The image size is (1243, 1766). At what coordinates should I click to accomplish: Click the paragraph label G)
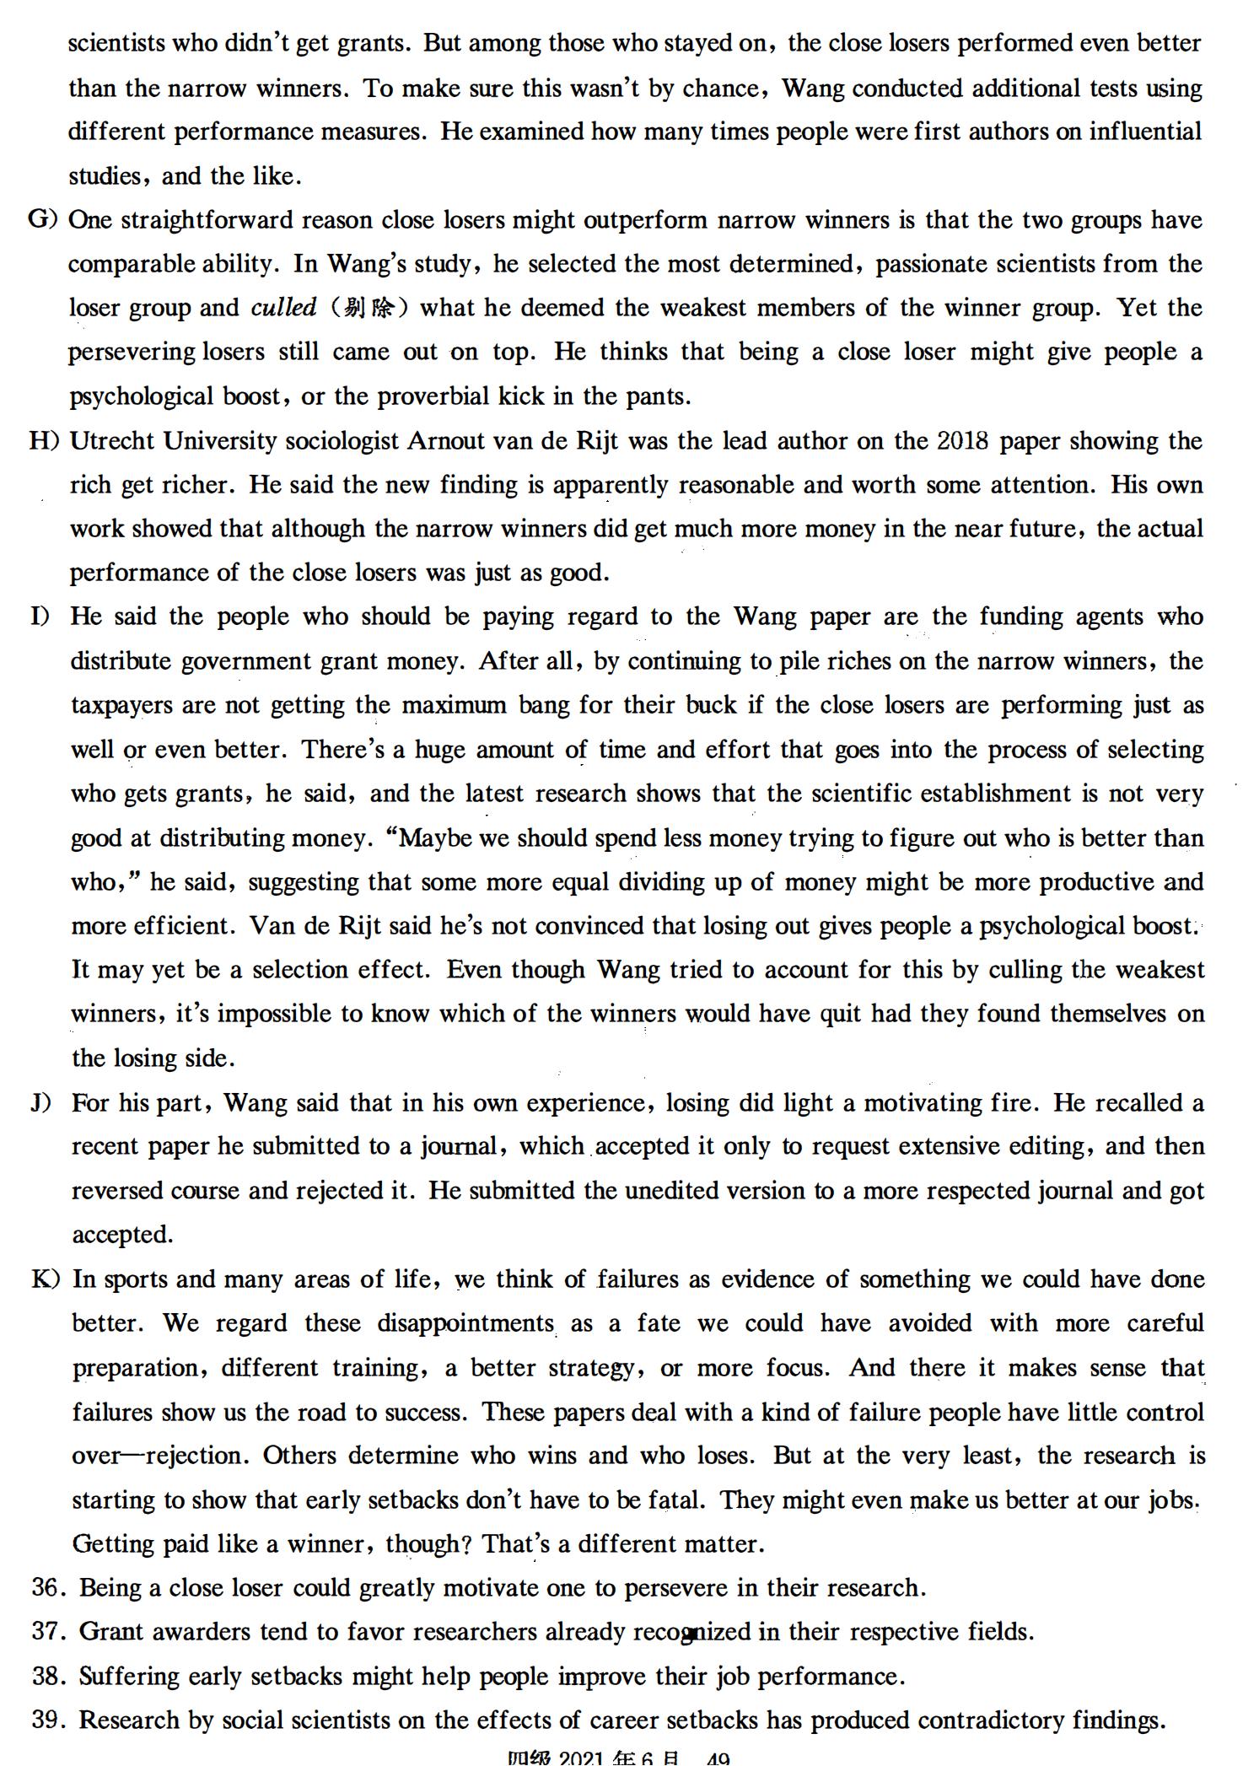click(42, 220)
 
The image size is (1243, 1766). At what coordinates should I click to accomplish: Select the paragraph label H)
click(43, 441)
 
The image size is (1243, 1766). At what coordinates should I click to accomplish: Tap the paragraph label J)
click(41, 1102)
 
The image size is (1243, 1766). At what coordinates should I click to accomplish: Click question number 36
click(49, 1588)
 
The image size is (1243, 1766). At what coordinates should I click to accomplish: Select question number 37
click(49, 1632)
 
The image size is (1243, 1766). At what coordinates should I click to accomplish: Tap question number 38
click(49, 1676)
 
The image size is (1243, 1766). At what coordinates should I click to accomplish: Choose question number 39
click(49, 1720)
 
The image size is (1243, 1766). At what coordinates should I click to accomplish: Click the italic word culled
click(283, 308)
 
